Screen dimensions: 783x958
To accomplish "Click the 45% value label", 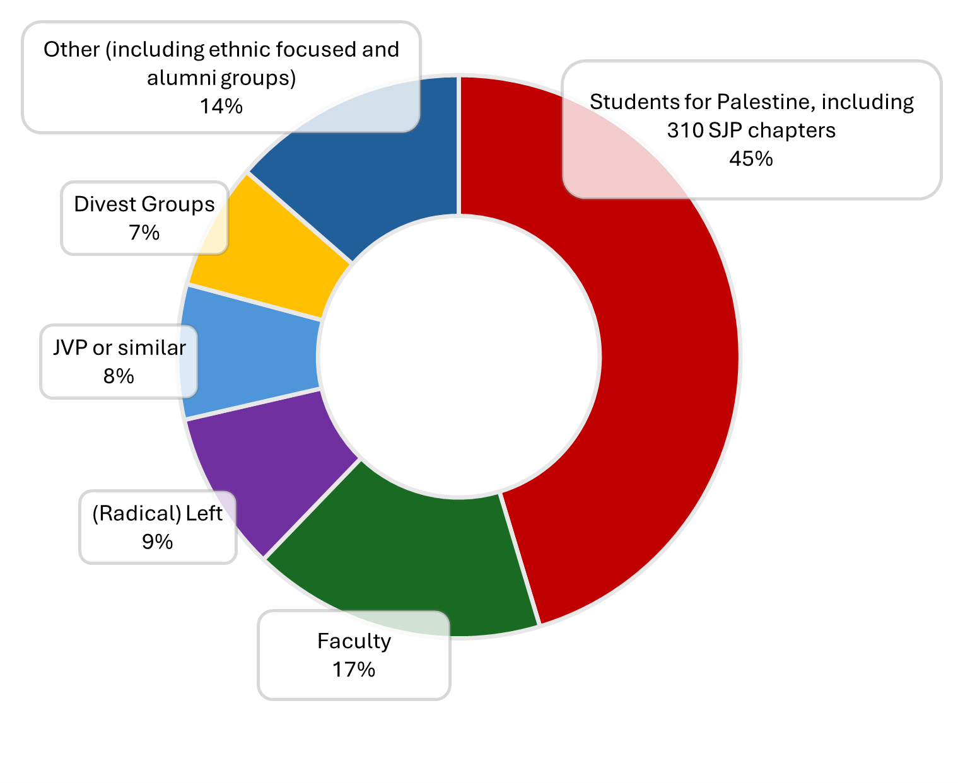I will (x=751, y=158).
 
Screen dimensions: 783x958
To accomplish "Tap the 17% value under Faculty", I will (x=354, y=669).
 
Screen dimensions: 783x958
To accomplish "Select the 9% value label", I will (x=157, y=542).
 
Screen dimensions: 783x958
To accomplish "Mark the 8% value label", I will (x=119, y=376).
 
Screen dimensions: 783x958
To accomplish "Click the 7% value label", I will (x=144, y=233).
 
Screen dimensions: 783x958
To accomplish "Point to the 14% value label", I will (x=221, y=106).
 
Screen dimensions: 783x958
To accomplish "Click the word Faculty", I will (x=354, y=641).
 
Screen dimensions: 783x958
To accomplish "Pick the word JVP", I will (x=69, y=347).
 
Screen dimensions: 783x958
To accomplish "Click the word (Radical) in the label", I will (x=128, y=514).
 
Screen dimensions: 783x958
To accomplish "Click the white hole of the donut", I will (x=459, y=356).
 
